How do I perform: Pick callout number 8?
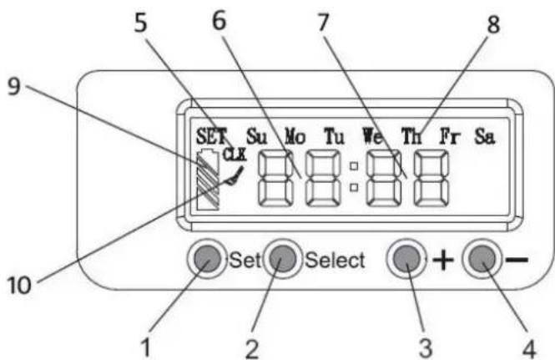[x=493, y=24]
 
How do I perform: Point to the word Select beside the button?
[x=335, y=261]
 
